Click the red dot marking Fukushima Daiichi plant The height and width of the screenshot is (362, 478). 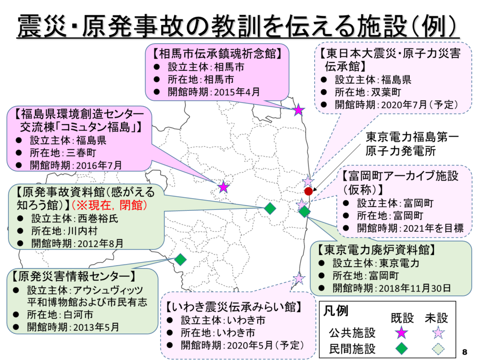[x=309, y=191]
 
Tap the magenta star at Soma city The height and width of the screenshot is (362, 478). [x=298, y=110]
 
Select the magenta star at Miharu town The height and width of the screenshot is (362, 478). [x=224, y=187]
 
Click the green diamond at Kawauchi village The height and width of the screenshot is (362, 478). [x=270, y=209]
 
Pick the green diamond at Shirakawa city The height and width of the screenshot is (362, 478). [x=181, y=260]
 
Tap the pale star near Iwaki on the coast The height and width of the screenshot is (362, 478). [x=299, y=278]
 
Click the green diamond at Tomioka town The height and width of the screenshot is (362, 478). [x=304, y=211]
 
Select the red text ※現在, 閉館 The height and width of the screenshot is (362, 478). [x=109, y=205]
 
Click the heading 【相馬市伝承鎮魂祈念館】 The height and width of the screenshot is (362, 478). [x=217, y=54]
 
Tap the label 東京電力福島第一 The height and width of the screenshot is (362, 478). [x=412, y=138]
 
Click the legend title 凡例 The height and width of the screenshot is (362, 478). [x=336, y=311]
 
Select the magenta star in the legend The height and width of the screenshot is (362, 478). [x=401, y=333]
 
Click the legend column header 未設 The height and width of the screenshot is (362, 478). [x=436, y=318]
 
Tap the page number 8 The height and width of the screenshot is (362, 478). [x=464, y=352]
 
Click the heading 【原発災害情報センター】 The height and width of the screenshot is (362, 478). [x=74, y=277]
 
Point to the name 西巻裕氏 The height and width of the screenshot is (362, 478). [x=98, y=219]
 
